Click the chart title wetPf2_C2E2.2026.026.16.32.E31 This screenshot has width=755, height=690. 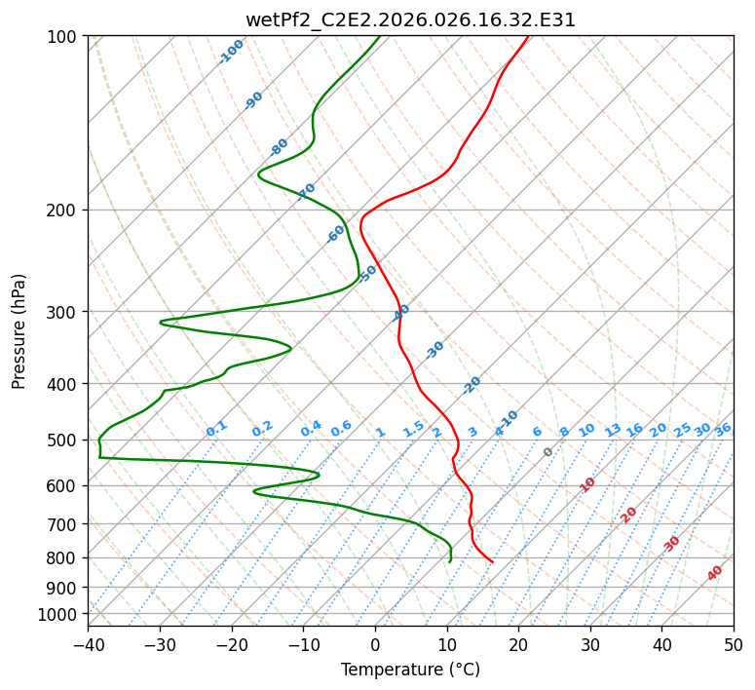(x=410, y=19)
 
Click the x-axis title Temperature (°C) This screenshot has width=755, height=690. (x=410, y=670)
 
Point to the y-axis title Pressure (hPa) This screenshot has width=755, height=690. (x=19, y=331)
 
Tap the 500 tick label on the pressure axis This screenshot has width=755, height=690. (x=64, y=441)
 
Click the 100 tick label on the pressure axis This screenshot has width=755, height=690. (x=64, y=37)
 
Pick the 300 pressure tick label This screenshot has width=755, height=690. (x=64, y=312)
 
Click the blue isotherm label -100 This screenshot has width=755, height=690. (x=231, y=52)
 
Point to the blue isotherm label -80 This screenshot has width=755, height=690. (x=280, y=147)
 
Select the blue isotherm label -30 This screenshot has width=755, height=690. (x=434, y=351)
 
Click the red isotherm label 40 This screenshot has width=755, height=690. (x=715, y=573)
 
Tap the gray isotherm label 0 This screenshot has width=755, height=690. (x=548, y=452)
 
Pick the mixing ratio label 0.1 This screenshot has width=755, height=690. (x=216, y=428)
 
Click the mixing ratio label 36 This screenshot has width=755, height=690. (x=723, y=429)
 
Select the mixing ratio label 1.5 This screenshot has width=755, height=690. (x=413, y=428)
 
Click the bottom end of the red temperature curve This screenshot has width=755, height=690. (x=492, y=562)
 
